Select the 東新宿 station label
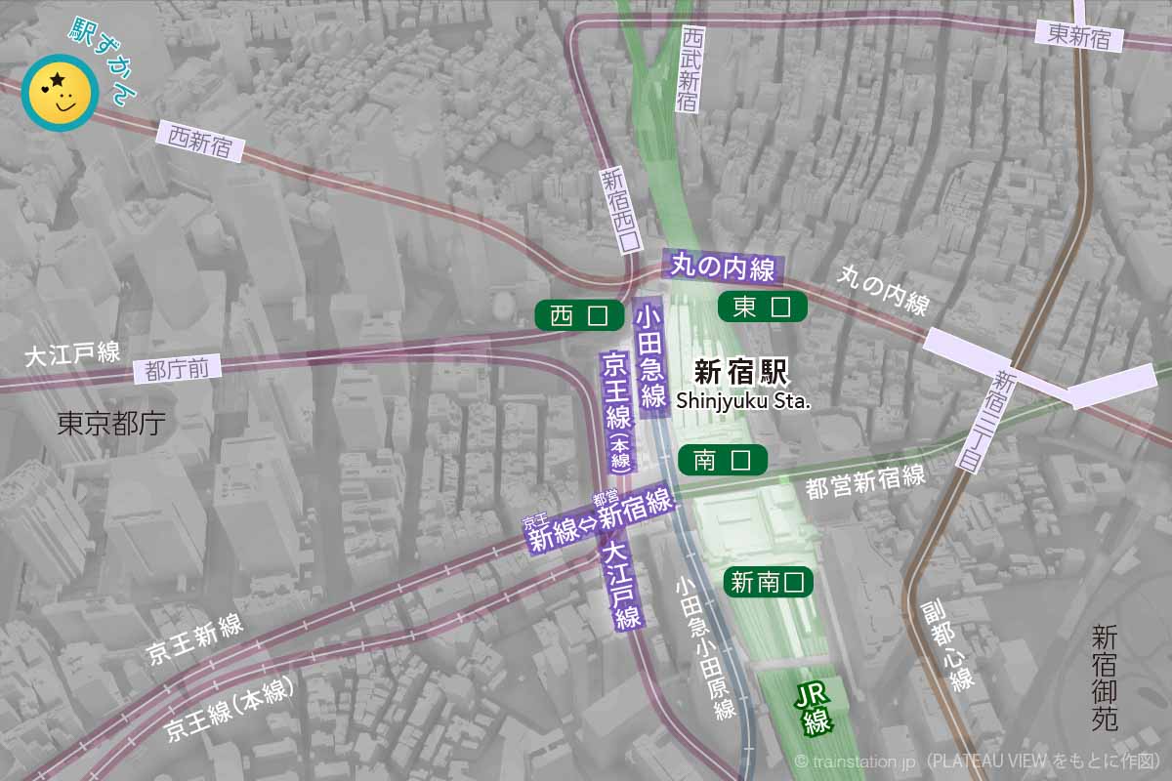pyautogui.click(x=1079, y=35)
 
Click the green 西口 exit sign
pyautogui.click(x=579, y=315)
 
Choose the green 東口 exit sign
pyautogui.click(x=762, y=307)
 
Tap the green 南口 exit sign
pyautogui.click(x=722, y=460)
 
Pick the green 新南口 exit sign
pyautogui.click(x=769, y=583)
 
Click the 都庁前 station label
pyautogui.click(x=177, y=370)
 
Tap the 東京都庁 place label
pyautogui.click(x=110, y=423)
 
